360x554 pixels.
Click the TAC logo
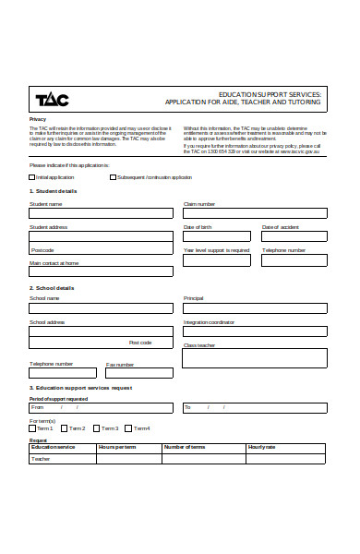click(52, 99)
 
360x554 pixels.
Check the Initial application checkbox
click(32, 176)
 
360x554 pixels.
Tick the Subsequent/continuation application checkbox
click(114, 176)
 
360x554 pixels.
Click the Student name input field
click(101, 213)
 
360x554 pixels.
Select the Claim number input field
click(254, 213)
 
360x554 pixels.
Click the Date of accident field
click(294, 237)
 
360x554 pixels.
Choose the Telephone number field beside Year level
click(294, 260)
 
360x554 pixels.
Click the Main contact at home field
click(101, 271)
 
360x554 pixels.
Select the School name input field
click(101, 308)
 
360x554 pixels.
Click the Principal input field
click(254, 308)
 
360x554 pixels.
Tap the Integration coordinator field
click(254, 332)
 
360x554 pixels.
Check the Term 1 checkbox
click(32, 428)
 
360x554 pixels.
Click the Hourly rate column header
click(262, 447)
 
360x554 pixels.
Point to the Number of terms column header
click(184, 447)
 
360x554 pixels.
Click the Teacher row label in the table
click(41, 459)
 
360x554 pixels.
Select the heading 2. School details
click(52, 288)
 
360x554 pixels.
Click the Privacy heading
click(38, 119)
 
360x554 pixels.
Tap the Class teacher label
click(198, 344)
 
